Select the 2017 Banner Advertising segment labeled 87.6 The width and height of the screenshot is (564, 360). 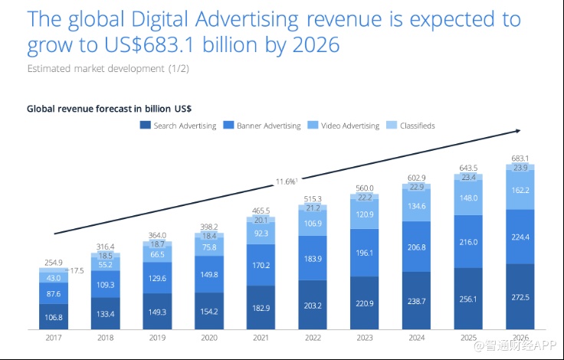(x=53, y=293)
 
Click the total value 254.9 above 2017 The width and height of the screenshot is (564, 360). (x=53, y=262)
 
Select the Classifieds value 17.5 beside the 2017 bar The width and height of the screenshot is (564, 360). (x=77, y=270)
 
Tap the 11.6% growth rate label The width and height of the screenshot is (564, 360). (x=286, y=182)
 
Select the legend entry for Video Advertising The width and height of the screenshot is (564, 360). (x=346, y=126)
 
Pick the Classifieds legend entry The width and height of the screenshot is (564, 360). (x=414, y=126)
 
